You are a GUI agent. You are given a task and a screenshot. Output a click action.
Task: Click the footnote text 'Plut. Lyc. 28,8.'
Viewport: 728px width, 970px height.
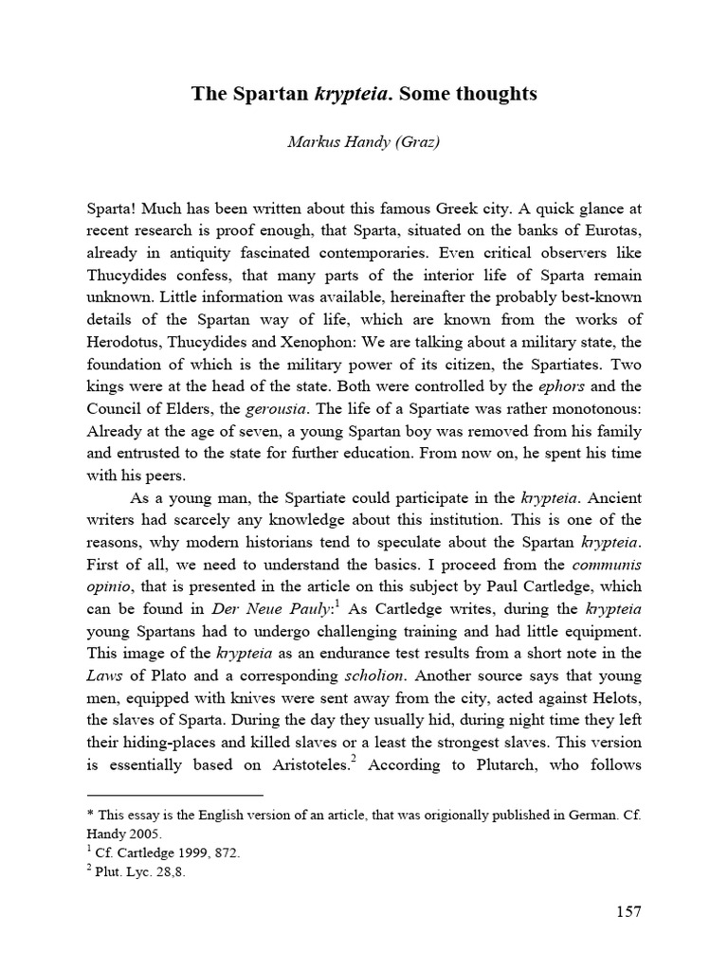(x=142, y=872)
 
